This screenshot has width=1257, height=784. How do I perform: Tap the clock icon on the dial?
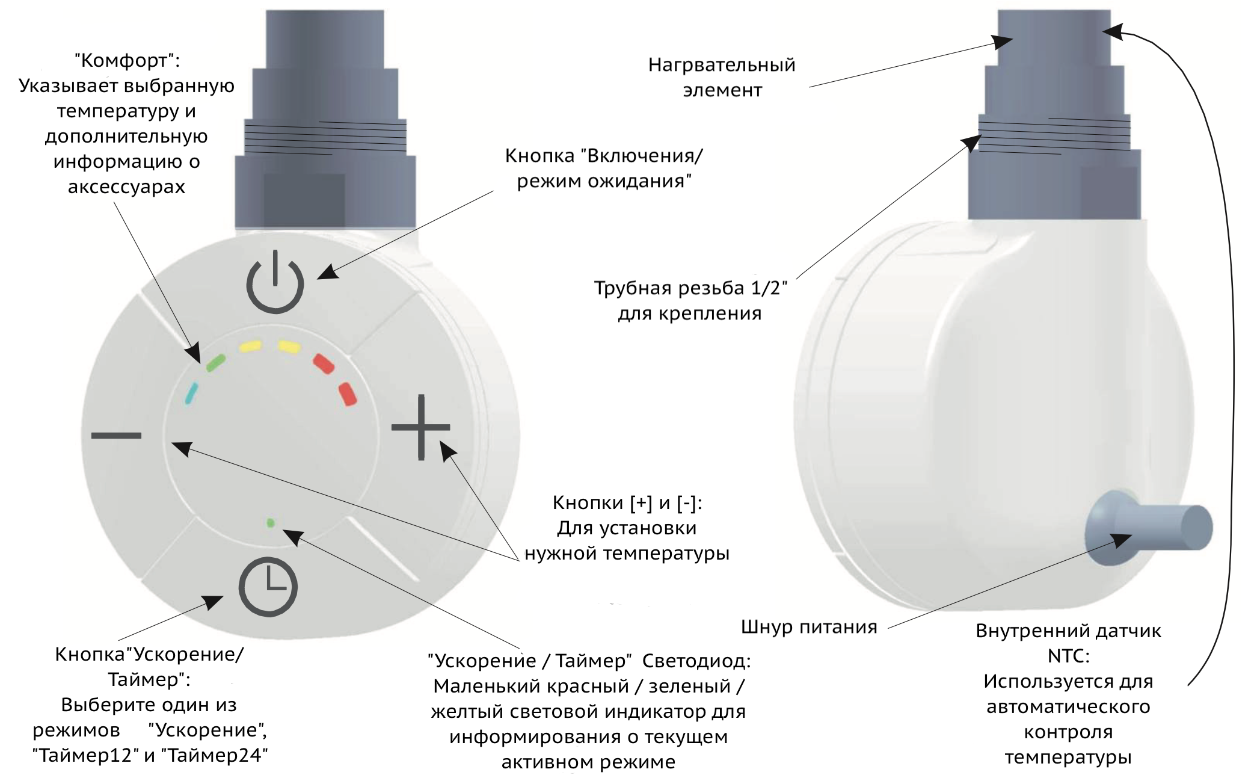pyautogui.click(x=268, y=587)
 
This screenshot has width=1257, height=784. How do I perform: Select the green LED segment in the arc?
pyautogui.click(x=215, y=363)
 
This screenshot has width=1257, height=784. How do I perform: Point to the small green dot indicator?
pyautogui.click(x=271, y=523)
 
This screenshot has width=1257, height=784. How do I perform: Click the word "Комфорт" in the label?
pyautogui.click(x=127, y=61)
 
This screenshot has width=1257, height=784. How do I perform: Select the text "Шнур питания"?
pyautogui.click(x=809, y=628)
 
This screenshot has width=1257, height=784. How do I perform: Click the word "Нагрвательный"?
pyautogui.click(x=722, y=65)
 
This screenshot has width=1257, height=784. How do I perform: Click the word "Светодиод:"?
pyautogui.click(x=696, y=661)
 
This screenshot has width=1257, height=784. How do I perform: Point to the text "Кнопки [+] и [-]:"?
pyautogui.click(x=627, y=503)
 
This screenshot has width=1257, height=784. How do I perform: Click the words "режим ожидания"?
pyautogui.click(x=604, y=181)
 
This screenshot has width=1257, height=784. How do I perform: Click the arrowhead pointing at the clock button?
pyautogui.click(x=213, y=602)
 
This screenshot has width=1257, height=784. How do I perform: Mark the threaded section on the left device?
pyautogui.click(x=325, y=137)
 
